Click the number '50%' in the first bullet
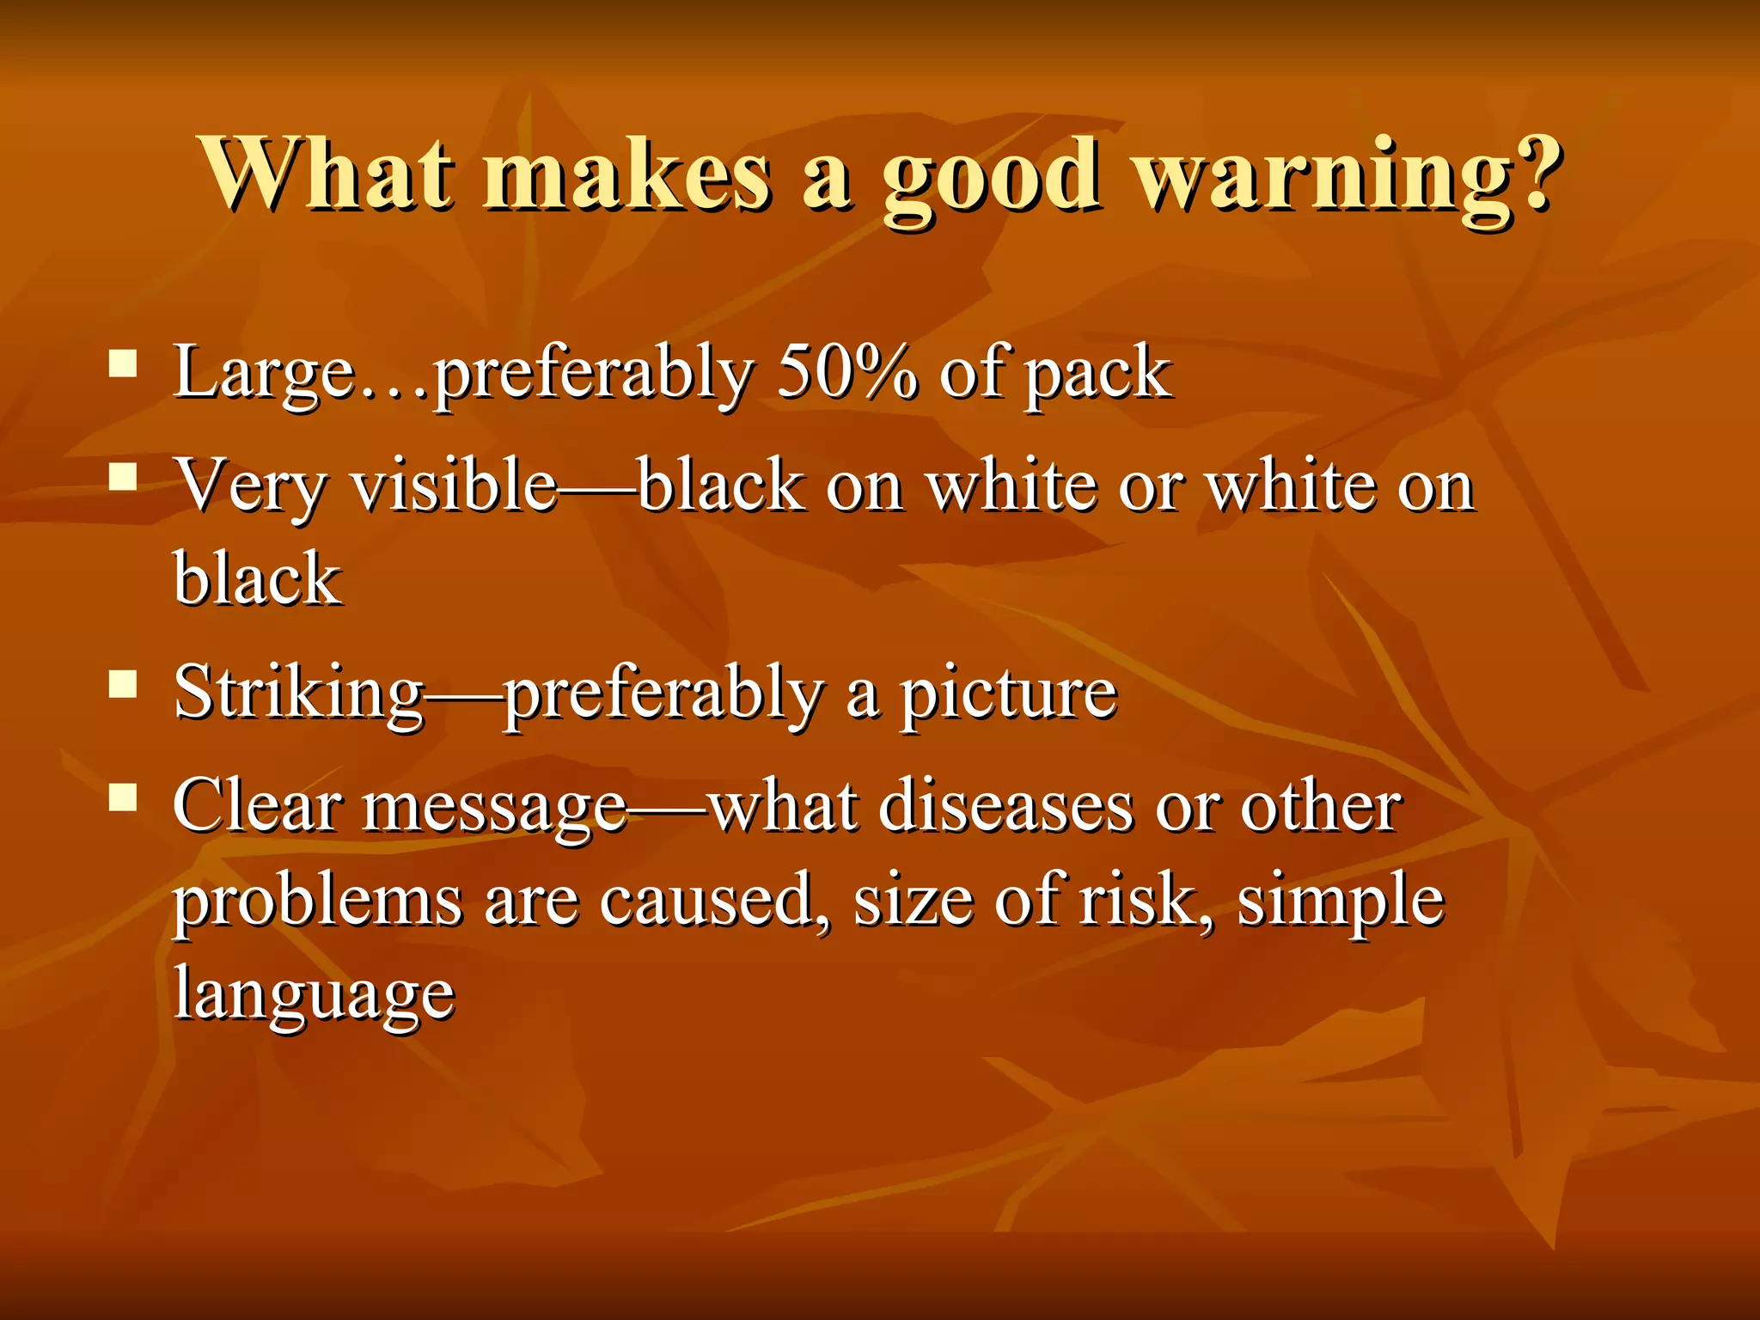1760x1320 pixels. [x=846, y=372]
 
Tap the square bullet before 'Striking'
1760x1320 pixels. [x=124, y=684]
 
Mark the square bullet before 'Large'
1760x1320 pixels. [x=124, y=363]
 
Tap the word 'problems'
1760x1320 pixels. [x=318, y=902]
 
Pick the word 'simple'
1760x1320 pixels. [x=1341, y=902]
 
